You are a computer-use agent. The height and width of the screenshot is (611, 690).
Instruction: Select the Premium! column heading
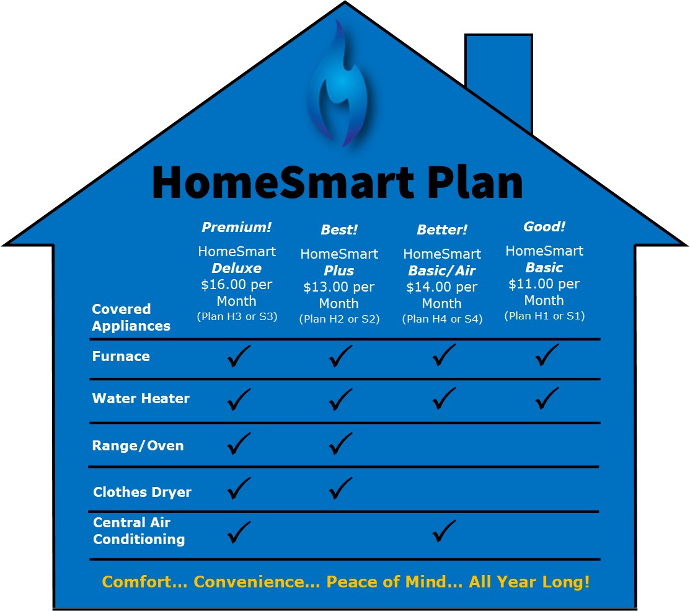point(237,227)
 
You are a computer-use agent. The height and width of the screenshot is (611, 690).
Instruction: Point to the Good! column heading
point(544,226)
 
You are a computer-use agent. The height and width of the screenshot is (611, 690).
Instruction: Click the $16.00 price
point(221,284)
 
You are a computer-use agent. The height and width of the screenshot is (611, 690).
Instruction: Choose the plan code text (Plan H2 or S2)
point(339,319)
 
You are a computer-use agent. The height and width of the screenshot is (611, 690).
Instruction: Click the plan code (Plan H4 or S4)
point(442,319)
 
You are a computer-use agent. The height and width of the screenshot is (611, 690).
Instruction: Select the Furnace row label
point(121,356)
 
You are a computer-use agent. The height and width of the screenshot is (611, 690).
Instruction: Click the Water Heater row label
point(141,398)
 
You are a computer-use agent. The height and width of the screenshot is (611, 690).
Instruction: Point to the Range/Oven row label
point(138,445)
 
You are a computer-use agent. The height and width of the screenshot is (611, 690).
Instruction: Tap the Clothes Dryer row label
point(142,492)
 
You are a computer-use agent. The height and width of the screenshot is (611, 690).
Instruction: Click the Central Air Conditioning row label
point(139,530)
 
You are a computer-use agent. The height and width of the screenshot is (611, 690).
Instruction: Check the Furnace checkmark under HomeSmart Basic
point(547,355)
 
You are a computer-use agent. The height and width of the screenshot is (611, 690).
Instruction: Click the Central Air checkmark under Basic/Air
point(444,531)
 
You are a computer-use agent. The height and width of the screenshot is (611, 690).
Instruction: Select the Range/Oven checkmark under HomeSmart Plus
point(340,444)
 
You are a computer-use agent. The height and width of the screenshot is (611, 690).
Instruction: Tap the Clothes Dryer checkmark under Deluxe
point(239,488)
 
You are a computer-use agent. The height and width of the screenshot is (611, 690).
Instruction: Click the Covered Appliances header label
point(131,318)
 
